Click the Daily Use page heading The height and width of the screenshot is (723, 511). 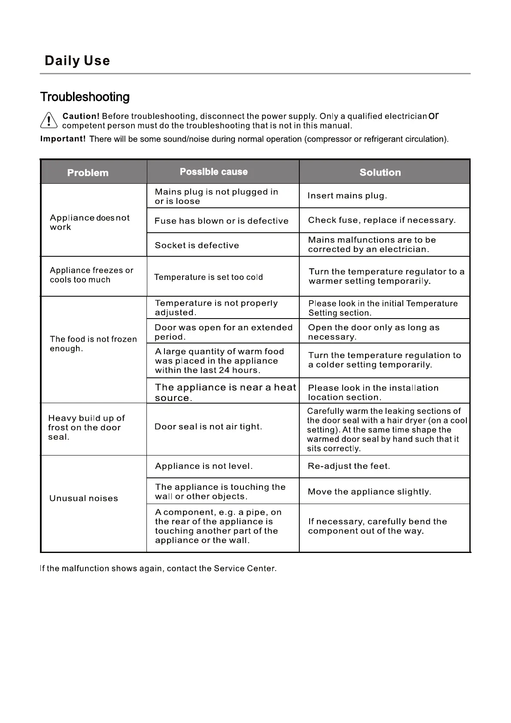77,61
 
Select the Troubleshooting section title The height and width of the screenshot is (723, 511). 85,97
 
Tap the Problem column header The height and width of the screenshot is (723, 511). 88,173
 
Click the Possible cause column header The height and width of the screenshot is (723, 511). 213,172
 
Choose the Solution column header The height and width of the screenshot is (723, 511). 380,173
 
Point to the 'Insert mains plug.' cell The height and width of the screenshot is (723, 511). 347,196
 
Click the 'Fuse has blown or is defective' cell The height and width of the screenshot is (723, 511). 222,221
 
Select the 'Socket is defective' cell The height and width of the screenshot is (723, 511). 197,245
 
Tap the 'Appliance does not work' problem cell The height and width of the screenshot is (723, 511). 89,222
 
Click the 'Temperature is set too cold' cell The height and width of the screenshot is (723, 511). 208,277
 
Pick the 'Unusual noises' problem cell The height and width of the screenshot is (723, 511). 84,498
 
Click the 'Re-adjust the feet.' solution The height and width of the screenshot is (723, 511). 349,466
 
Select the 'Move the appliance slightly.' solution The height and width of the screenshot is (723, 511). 369,492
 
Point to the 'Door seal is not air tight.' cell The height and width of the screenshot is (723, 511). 208,427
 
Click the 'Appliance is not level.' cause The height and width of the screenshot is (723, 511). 204,466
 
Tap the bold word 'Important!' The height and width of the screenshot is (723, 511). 63,139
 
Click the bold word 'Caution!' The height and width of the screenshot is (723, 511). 81,116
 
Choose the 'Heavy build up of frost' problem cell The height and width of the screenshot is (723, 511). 86,428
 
